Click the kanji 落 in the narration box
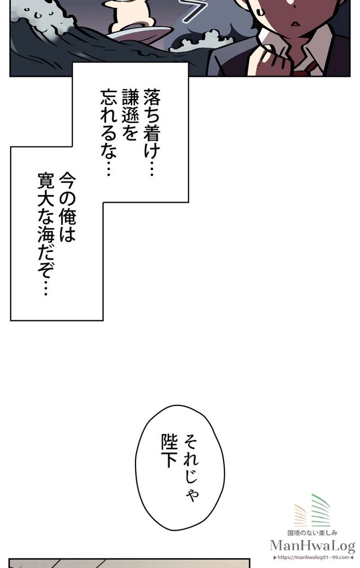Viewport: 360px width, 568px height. point(152,97)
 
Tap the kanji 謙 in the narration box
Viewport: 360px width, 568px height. point(130,97)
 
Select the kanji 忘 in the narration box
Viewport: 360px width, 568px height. point(109,97)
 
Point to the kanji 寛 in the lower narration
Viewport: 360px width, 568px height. point(46,181)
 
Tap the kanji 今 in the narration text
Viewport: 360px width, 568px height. point(67,181)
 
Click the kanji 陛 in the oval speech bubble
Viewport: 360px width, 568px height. point(169,442)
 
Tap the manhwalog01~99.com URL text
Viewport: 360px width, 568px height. point(313,557)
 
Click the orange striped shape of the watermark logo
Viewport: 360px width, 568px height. point(301,515)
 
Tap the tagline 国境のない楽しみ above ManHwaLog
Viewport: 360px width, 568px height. point(312,533)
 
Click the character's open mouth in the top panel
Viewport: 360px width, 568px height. point(296,23)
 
